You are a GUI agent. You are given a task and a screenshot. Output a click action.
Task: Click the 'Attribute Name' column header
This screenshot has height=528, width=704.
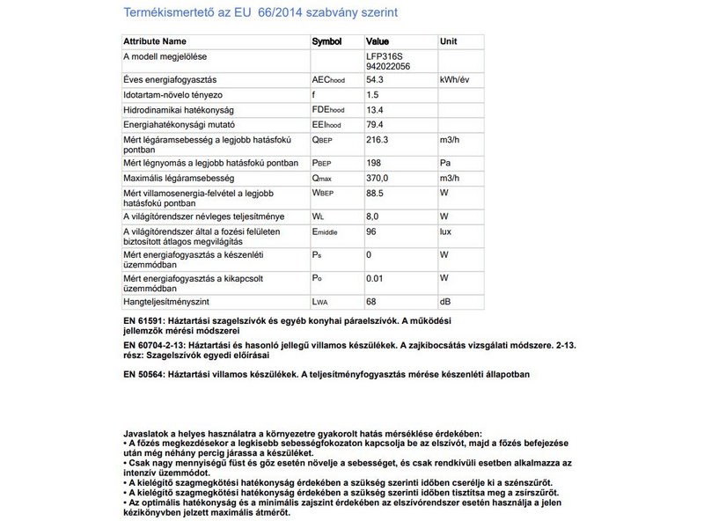[155, 41]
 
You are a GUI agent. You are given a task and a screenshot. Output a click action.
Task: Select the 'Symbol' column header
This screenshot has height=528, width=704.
[326, 41]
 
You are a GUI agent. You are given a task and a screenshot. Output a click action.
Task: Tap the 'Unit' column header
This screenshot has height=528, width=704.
[449, 41]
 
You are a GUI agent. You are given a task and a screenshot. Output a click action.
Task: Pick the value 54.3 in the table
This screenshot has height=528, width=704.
[375, 79]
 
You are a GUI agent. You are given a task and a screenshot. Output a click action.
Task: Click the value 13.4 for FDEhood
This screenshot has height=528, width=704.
[375, 110]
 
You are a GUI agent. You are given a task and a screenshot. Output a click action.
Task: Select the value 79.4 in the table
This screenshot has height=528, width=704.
[375, 125]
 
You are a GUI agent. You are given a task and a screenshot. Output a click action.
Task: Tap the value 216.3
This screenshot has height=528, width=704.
[378, 140]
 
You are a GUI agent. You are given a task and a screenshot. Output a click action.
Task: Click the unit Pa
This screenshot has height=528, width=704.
[445, 164]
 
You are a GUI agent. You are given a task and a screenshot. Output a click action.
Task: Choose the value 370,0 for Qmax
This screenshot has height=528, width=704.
[378, 179]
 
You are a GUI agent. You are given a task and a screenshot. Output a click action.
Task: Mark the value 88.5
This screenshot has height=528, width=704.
[375, 193]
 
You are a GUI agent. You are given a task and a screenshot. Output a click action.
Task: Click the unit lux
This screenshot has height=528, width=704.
[447, 231]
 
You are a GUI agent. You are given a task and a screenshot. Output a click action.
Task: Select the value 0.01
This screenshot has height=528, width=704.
[374, 279]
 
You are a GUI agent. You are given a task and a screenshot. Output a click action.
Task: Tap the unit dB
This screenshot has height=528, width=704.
[445, 302]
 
